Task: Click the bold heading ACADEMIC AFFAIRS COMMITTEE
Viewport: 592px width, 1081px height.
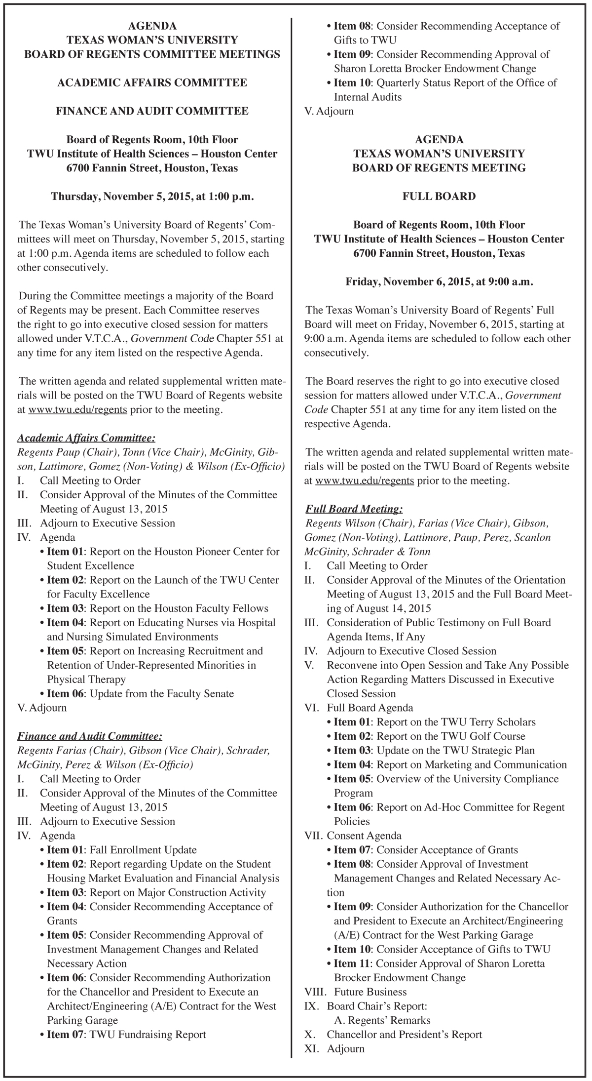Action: click(x=152, y=82)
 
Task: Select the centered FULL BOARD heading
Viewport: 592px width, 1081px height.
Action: click(x=439, y=196)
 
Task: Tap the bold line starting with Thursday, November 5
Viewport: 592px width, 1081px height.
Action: click(x=152, y=196)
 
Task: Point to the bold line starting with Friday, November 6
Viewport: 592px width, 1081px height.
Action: click(x=439, y=281)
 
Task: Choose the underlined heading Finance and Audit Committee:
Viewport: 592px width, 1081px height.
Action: click(x=89, y=736)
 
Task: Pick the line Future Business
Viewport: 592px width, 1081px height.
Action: click(x=370, y=992)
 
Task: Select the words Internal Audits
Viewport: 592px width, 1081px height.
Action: click(x=368, y=97)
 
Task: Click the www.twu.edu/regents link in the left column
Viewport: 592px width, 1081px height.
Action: click(x=78, y=409)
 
